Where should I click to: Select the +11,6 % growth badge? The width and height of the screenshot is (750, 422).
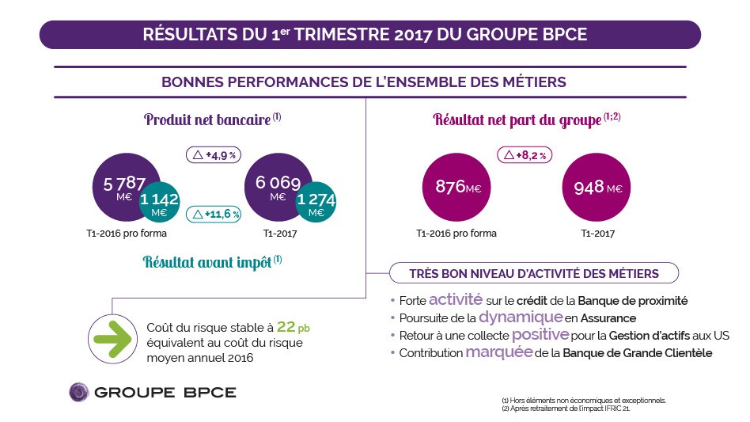pos(214,214)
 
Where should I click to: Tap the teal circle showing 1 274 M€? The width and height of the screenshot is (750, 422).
pos(316,204)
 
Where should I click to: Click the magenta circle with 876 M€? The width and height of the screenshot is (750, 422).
pos(456,187)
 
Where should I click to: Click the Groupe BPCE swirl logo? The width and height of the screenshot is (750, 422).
pos(79,393)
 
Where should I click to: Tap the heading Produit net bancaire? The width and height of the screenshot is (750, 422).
pos(207,120)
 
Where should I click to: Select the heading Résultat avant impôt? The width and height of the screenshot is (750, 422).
pos(207,262)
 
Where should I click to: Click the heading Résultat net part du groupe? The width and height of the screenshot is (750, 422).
pos(517,120)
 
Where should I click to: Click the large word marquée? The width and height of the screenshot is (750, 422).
pos(498,352)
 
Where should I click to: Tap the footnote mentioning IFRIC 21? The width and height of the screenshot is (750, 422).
pos(566,409)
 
